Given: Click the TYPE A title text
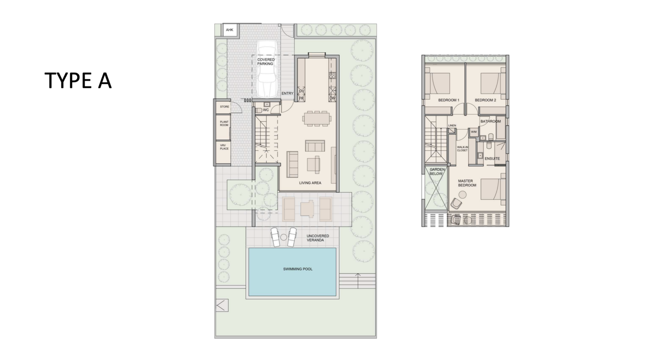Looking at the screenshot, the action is (78, 81).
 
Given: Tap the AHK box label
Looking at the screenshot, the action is (229, 30).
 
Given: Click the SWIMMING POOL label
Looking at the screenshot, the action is (298, 269).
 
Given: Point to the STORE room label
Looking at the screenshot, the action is (224, 107).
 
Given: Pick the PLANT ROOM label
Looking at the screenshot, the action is (224, 123).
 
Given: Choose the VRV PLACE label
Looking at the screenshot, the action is (224, 147).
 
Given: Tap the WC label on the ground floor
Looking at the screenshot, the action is (266, 110).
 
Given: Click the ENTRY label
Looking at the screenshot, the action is (287, 93).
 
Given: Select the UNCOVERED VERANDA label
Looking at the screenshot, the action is (317, 238).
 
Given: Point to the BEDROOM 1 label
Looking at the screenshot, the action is (448, 100).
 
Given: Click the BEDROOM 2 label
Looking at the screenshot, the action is (485, 100).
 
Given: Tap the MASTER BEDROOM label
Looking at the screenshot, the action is (467, 183).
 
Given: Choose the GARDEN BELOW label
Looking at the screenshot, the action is (437, 172).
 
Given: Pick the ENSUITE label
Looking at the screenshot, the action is (492, 159).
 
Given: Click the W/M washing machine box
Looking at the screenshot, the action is (474, 132).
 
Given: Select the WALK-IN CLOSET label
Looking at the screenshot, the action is (462, 149).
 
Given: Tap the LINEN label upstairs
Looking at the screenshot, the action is (452, 126).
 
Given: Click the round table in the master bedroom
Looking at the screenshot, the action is (463, 195).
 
